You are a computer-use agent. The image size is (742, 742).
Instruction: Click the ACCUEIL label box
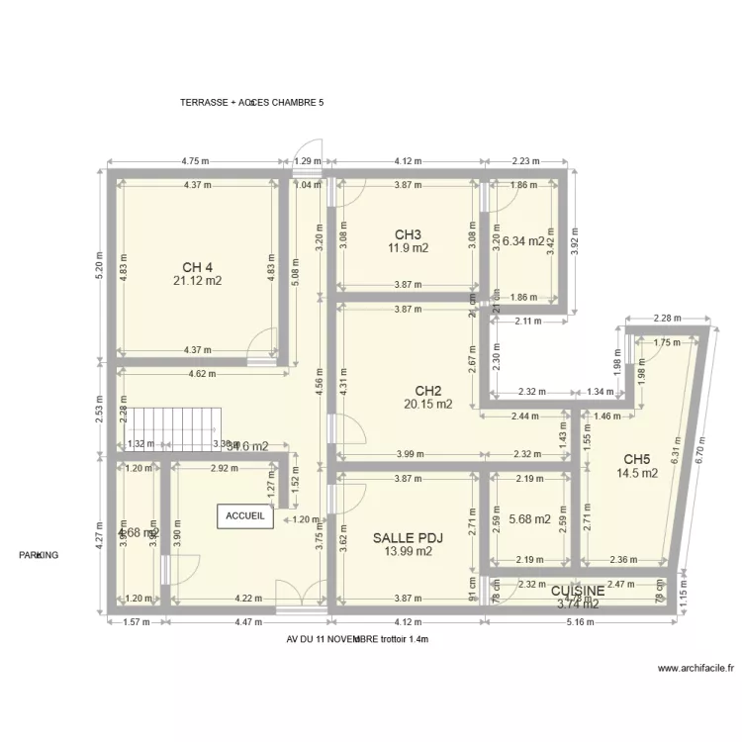point(245,516)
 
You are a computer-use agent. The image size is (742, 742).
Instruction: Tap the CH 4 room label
point(197,267)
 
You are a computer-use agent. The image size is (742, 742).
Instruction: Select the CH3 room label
point(408,234)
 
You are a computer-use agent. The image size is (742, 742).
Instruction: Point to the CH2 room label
point(427,390)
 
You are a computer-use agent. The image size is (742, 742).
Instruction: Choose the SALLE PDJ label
point(408,538)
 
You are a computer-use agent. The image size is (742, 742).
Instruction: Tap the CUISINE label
point(578,591)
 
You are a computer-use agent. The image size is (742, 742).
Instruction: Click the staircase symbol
point(175,427)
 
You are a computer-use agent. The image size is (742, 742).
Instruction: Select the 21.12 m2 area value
point(197,281)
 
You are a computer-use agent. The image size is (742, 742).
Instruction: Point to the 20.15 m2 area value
point(427,404)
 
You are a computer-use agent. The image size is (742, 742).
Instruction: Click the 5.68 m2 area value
point(528,518)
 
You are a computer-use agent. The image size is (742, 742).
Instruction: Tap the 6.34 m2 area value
point(523,240)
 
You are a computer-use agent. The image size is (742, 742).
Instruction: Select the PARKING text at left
point(39,555)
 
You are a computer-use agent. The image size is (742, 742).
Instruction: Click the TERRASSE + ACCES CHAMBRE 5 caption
point(252,102)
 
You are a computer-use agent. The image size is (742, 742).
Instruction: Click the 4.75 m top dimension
point(196,160)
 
